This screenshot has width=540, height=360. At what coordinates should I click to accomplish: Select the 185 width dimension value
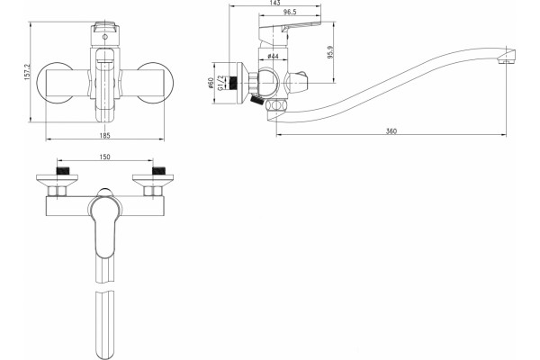tap(104, 136)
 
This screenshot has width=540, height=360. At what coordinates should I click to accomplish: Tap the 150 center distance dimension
tap(104, 157)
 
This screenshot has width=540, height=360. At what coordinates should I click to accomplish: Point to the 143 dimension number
tap(275, 3)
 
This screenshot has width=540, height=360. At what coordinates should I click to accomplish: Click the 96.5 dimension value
tap(290, 12)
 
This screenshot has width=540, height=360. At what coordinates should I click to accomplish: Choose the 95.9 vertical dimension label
tap(331, 52)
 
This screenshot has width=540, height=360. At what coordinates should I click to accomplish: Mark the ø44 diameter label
tap(273, 56)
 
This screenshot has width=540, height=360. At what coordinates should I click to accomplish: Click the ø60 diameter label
tap(211, 84)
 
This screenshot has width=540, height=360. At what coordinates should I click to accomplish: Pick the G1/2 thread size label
tap(221, 83)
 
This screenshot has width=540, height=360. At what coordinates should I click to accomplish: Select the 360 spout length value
tap(391, 131)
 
